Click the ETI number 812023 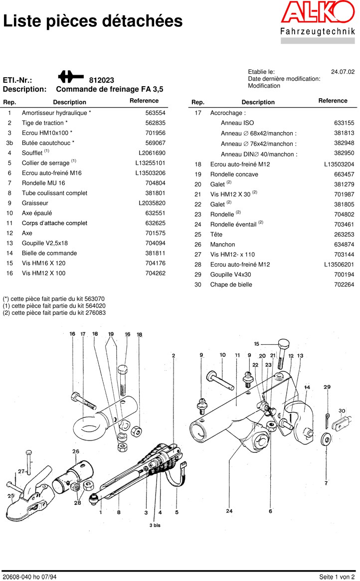(x=102, y=80)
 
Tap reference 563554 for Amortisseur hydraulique (x=155, y=113)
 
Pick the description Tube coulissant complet (x=54, y=193)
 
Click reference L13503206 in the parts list (x=150, y=173)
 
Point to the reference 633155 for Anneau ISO (x=344, y=123)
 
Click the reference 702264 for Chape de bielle (x=344, y=285)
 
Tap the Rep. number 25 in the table (x=198, y=234)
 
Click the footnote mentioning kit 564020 (x=54, y=306)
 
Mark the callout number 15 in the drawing (x=257, y=344)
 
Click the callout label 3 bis (x=155, y=525)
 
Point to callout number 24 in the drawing (x=229, y=511)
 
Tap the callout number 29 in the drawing (x=327, y=387)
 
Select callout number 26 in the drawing (x=75, y=452)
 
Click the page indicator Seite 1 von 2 (x=337, y=577)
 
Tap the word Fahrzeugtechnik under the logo (x=318, y=31)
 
